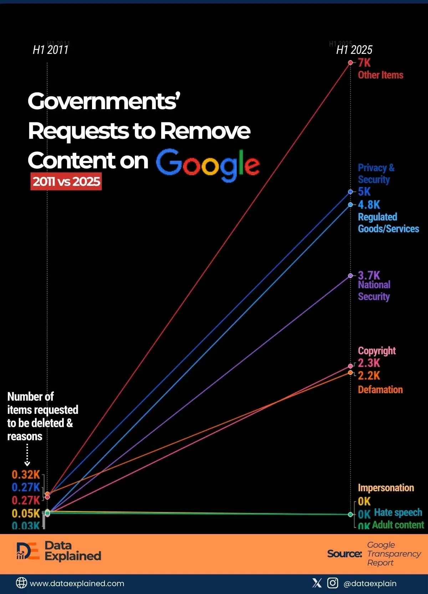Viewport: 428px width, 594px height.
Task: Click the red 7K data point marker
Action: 351,63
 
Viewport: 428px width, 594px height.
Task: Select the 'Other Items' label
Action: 381,75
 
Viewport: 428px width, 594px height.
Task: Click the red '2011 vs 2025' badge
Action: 66,181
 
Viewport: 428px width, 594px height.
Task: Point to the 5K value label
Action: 364,192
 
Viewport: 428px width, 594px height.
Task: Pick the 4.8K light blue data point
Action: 351,205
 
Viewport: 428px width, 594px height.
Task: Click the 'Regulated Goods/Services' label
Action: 388,223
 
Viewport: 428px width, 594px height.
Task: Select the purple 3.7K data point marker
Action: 351,276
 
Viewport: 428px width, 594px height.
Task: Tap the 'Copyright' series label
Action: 377,351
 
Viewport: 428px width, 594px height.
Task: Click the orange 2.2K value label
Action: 369,375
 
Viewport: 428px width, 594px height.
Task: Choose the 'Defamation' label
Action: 380,389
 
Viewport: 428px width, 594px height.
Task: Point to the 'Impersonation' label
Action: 386,488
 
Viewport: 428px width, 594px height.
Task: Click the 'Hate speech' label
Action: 398,513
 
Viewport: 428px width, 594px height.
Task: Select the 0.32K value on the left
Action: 26,474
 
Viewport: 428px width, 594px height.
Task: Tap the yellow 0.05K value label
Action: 26,513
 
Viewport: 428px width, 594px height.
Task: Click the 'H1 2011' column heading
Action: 51,50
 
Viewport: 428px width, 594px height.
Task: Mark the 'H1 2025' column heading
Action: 354,50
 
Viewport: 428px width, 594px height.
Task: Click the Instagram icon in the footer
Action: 332,583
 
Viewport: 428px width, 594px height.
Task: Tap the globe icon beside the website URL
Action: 21,583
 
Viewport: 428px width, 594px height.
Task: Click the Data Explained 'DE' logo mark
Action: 27,551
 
